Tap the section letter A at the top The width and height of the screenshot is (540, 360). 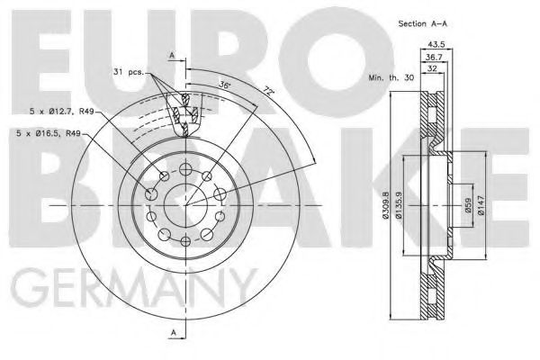171,56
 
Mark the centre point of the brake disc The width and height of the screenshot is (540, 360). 184,206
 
